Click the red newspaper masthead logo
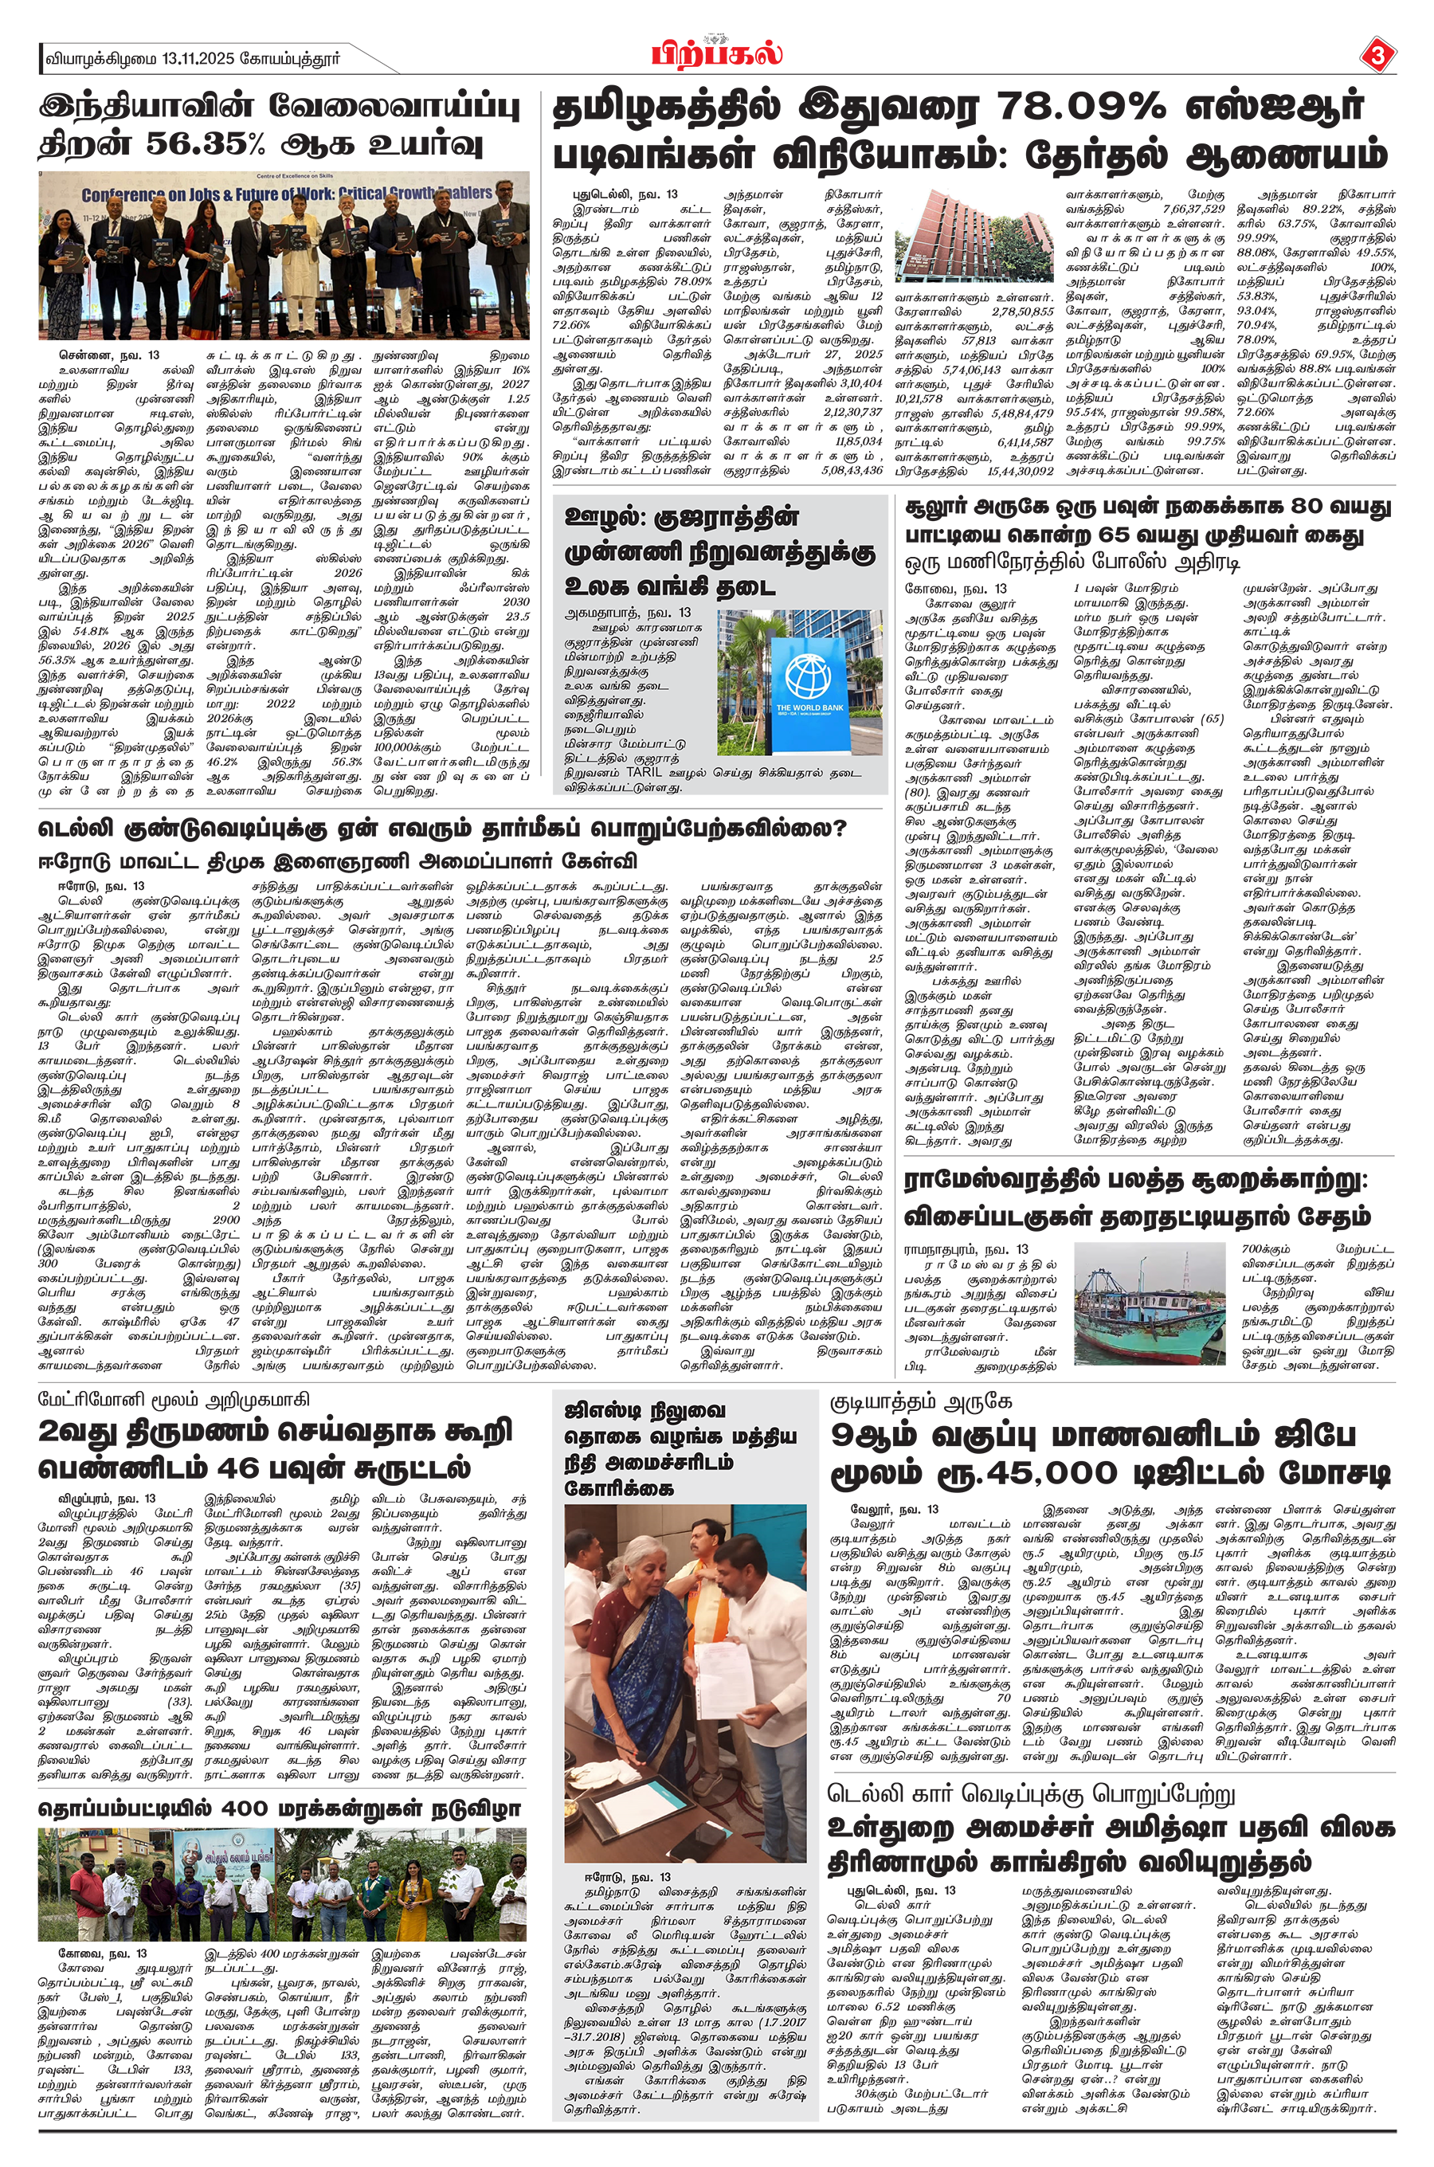point(717,54)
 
